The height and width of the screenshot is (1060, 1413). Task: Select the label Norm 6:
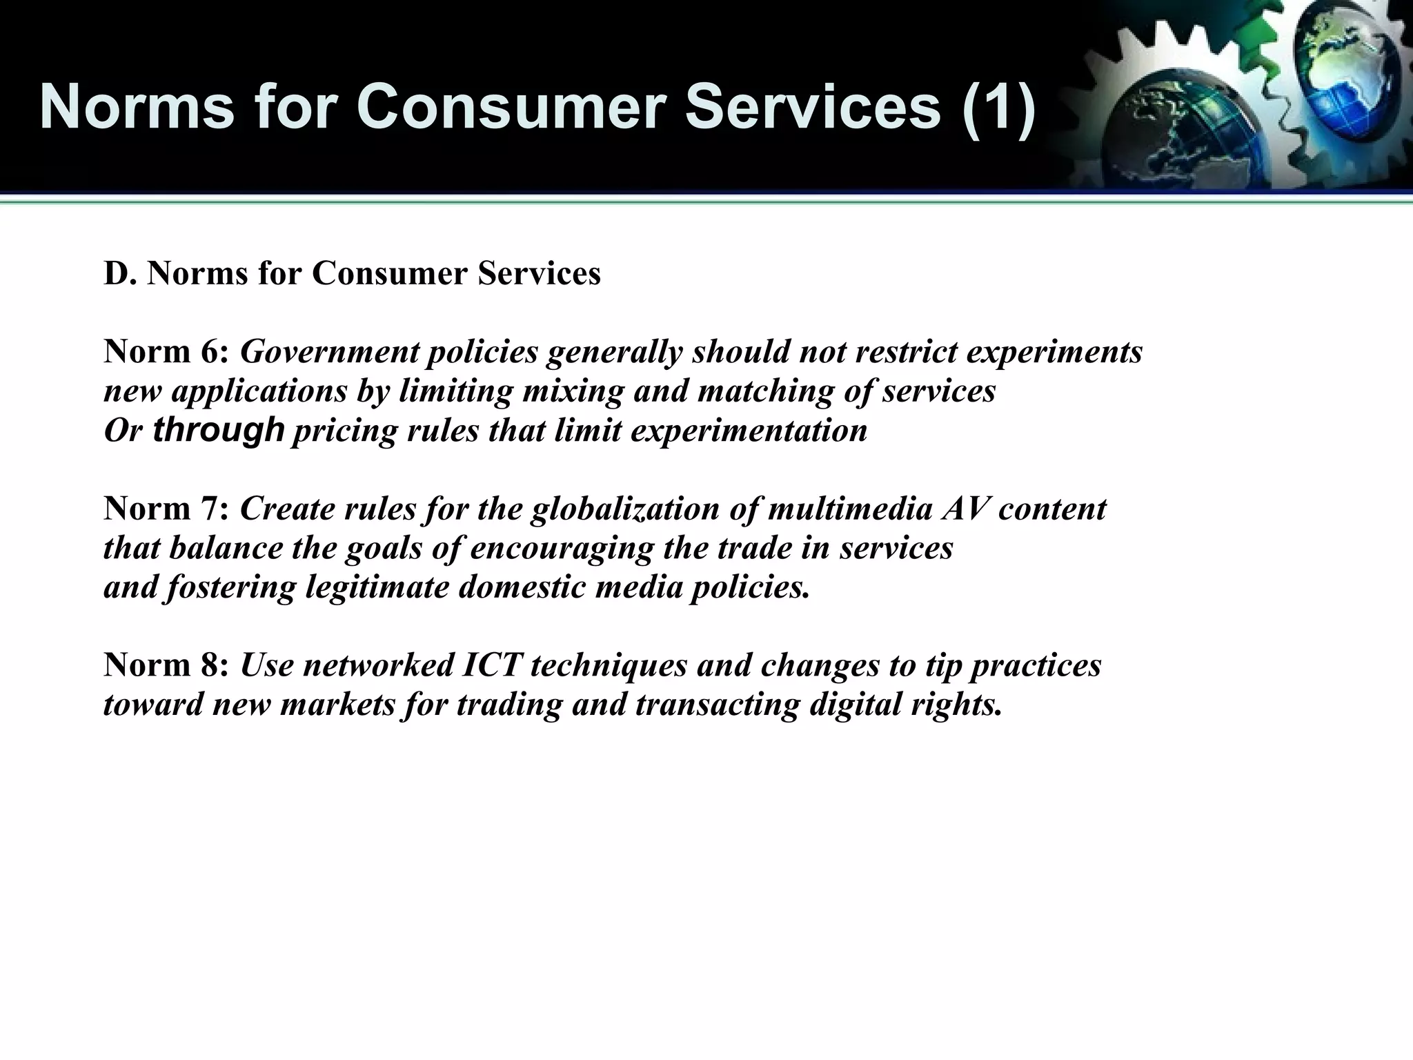click(x=166, y=352)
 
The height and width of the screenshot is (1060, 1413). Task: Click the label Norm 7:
click(x=166, y=509)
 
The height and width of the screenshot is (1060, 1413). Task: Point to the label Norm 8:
click(x=166, y=665)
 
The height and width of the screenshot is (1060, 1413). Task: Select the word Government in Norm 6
click(x=330, y=352)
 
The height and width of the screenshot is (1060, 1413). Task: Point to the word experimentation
click(x=749, y=431)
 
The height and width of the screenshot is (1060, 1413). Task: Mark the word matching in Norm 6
click(x=766, y=392)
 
